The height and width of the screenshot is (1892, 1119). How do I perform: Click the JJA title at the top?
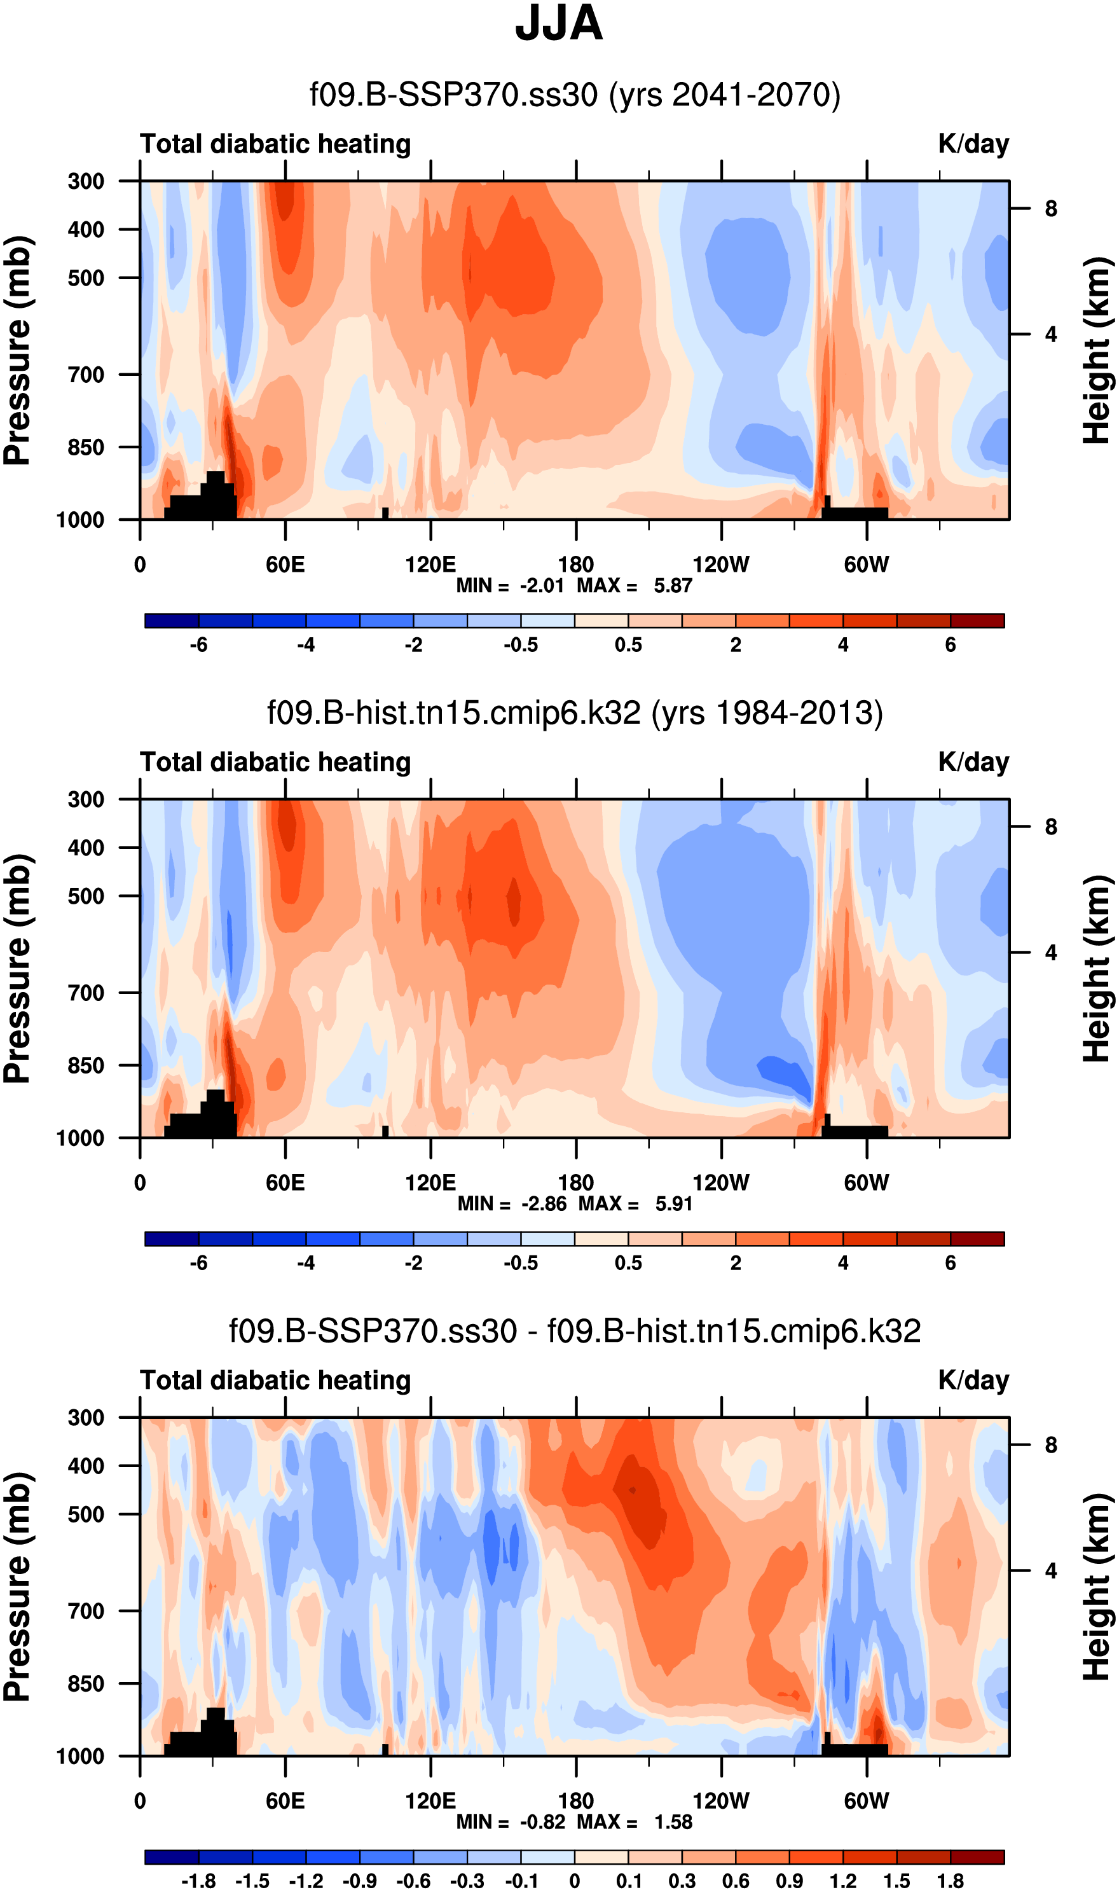[559, 24]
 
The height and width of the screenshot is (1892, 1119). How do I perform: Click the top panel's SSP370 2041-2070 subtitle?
[575, 95]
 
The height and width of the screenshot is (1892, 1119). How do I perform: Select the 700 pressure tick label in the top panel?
[86, 375]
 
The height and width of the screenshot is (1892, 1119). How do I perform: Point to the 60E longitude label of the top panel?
[285, 564]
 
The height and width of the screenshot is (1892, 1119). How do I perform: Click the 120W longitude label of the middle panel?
[721, 1182]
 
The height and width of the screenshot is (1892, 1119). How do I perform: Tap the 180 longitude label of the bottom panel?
[576, 1801]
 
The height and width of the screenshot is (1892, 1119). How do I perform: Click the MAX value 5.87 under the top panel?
[673, 586]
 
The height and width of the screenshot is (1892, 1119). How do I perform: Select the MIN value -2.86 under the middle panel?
[544, 1203]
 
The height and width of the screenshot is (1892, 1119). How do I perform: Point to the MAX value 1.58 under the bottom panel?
[673, 1822]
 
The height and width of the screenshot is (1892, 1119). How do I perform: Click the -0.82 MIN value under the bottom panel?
[542, 1822]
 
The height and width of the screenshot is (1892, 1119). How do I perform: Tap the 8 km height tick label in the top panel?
[1051, 209]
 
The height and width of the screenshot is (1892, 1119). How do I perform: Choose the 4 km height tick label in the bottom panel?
[1051, 1571]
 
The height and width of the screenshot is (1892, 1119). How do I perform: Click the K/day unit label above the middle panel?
[973, 763]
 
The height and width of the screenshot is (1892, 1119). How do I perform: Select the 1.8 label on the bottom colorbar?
[950, 1881]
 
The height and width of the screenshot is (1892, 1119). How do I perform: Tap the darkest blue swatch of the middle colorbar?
[172, 1239]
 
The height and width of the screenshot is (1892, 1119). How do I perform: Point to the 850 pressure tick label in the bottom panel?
[86, 1683]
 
